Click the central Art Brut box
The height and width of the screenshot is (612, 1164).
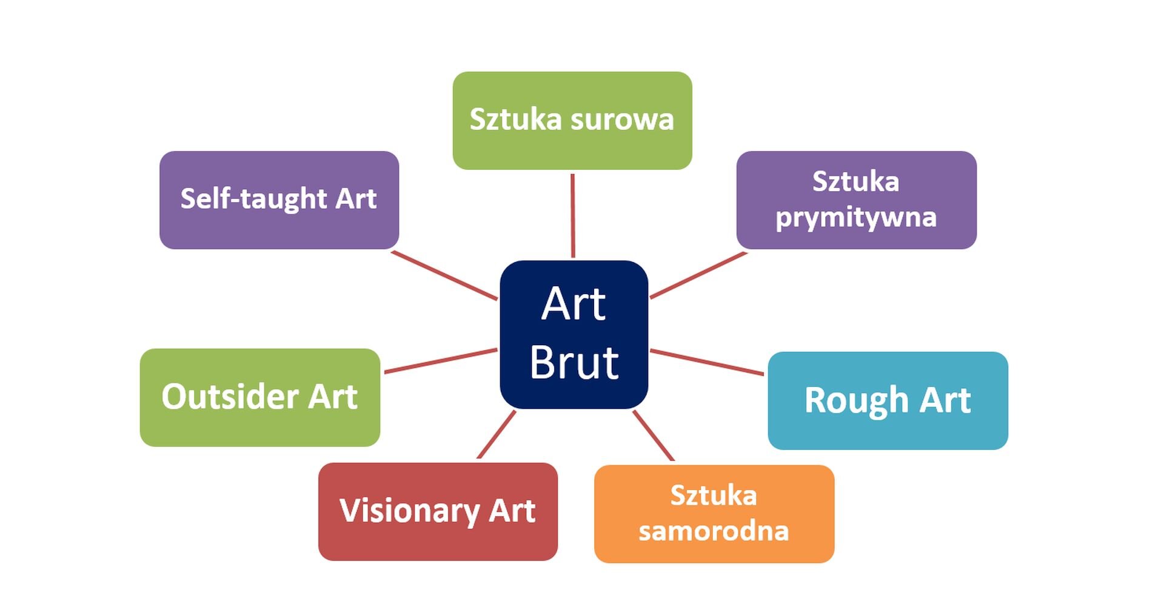click(x=574, y=334)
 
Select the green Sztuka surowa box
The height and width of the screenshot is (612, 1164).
click(x=572, y=121)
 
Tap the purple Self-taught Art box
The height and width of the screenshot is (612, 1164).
click(x=279, y=200)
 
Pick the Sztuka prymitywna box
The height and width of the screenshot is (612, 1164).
click(x=856, y=200)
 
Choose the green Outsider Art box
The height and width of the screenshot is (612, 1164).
click(x=259, y=397)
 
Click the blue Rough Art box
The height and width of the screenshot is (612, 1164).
click(x=888, y=400)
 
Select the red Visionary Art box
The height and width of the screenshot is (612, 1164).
click(x=438, y=511)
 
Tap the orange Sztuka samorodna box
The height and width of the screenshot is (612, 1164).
click(x=714, y=514)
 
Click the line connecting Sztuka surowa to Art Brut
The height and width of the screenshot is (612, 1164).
click(x=572, y=215)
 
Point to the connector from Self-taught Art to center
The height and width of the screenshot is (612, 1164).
click(x=444, y=275)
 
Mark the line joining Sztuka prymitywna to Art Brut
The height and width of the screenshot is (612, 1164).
click(x=698, y=275)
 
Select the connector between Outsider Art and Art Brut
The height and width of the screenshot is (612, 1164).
click(x=441, y=360)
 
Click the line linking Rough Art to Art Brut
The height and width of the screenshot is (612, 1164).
click(x=707, y=362)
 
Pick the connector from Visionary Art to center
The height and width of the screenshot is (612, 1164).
click(x=497, y=434)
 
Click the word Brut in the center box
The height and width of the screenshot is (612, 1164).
click(x=574, y=363)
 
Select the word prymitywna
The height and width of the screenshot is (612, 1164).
click(x=856, y=218)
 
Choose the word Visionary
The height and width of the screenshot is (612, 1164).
click(x=409, y=511)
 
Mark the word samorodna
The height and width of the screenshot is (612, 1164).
click(x=714, y=531)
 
